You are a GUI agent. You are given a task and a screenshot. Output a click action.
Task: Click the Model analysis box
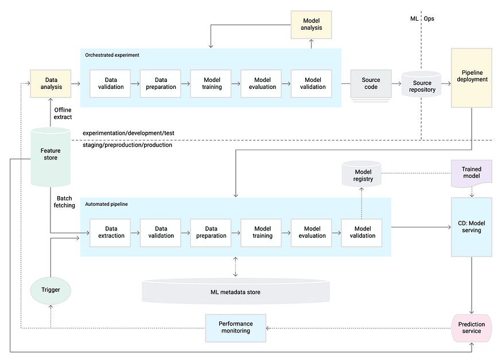coord(312,25)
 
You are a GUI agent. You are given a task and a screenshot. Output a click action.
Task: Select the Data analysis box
coord(50,84)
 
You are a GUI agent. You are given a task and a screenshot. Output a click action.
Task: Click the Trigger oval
coord(50,290)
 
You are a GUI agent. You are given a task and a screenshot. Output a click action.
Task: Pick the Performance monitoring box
coord(236,328)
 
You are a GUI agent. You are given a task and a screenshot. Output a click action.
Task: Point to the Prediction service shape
coord(472,328)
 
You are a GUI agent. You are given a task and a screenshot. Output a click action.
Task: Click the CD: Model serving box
coord(472,227)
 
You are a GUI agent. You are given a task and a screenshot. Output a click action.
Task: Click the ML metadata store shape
coord(236,292)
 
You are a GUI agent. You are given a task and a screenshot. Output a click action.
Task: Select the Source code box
coord(371,84)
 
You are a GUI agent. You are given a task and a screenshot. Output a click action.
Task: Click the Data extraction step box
coord(111,232)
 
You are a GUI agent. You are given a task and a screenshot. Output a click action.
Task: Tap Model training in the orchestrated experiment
coord(212,84)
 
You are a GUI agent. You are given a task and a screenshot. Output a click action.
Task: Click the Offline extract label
coord(63,113)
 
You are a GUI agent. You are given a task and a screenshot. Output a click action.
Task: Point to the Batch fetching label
coord(65,202)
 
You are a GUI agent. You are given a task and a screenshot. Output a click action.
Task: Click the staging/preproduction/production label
coord(127,145)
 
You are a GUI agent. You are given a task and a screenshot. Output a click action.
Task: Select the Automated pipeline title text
coord(107,204)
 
